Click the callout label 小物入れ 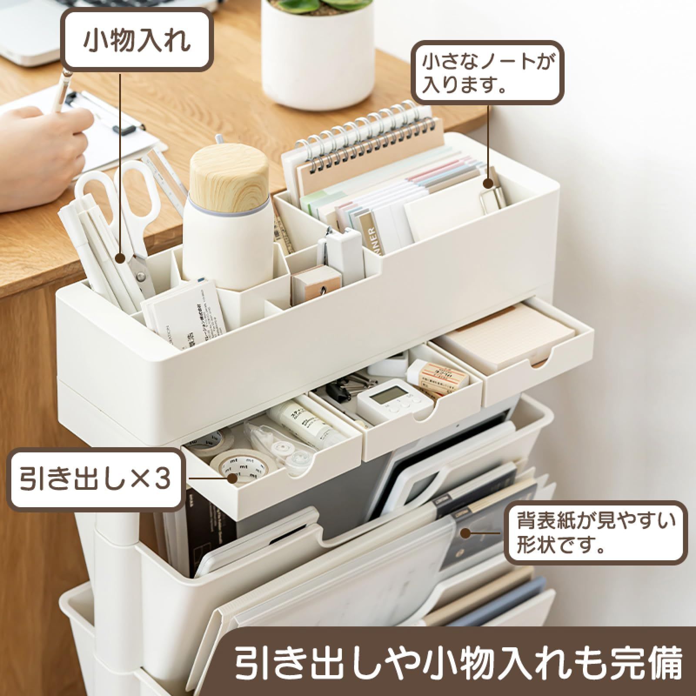[x=137, y=40]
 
